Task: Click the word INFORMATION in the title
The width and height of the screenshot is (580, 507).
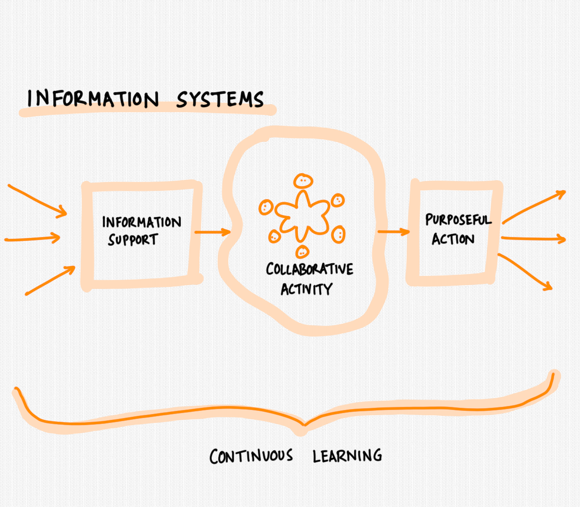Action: tap(93, 98)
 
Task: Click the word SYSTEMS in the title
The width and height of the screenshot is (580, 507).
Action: tap(220, 99)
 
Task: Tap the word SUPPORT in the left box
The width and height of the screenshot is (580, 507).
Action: tap(133, 240)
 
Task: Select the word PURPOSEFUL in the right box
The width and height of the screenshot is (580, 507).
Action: tap(458, 220)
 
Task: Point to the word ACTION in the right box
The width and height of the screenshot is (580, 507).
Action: tap(453, 239)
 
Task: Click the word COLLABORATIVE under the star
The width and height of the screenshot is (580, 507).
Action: tap(309, 269)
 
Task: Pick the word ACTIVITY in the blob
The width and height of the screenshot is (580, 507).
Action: tap(307, 289)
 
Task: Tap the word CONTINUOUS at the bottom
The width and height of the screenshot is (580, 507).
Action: tap(251, 456)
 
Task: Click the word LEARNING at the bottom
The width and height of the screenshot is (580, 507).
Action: tap(347, 456)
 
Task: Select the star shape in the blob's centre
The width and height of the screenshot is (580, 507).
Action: tap(303, 216)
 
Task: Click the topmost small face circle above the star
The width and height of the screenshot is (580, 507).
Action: tap(303, 181)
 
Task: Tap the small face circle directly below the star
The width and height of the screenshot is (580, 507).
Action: tap(303, 252)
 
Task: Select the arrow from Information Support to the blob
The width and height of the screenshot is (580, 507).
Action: tap(212, 232)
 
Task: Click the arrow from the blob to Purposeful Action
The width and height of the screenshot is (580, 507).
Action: tap(393, 232)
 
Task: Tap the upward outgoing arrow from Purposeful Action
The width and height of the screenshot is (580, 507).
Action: tap(534, 207)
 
